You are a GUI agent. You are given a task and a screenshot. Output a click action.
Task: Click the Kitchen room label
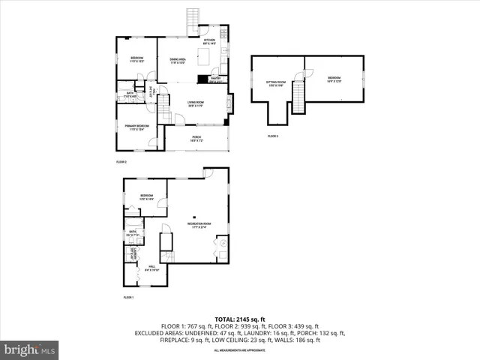pos(209,42)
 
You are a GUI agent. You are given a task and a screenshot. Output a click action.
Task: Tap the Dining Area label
pos(178,61)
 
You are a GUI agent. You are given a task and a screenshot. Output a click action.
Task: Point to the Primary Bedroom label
pos(136,128)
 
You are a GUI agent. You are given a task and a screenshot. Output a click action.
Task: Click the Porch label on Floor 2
pos(196,138)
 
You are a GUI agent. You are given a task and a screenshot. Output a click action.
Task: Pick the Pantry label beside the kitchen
pos(216,79)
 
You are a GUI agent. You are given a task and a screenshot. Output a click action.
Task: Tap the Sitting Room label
pos(277,82)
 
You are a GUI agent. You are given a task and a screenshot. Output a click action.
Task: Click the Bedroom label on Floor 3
pos(334,79)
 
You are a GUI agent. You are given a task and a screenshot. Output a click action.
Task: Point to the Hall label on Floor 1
pos(151,268)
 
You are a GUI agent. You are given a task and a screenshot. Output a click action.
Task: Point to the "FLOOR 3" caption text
pos(272,136)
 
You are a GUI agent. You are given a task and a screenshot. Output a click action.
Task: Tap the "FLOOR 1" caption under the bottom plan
pos(128,298)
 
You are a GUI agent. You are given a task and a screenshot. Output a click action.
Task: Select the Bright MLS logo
pos(30,349)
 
